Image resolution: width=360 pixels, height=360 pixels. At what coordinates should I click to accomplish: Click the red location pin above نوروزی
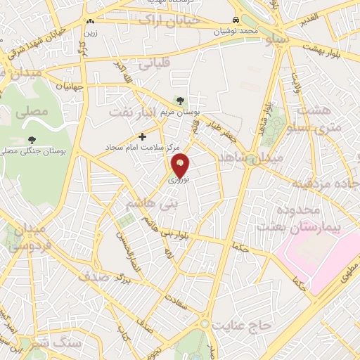(x=181, y=165)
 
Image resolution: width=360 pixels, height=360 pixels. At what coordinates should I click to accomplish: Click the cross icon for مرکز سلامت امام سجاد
(x=143, y=136)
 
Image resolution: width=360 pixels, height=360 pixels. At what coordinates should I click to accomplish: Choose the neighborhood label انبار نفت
(x=131, y=111)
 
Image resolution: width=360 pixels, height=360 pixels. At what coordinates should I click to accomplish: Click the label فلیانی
(x=154, y=64)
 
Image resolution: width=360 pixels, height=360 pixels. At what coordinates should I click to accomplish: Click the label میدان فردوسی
(x=27, y=238)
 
